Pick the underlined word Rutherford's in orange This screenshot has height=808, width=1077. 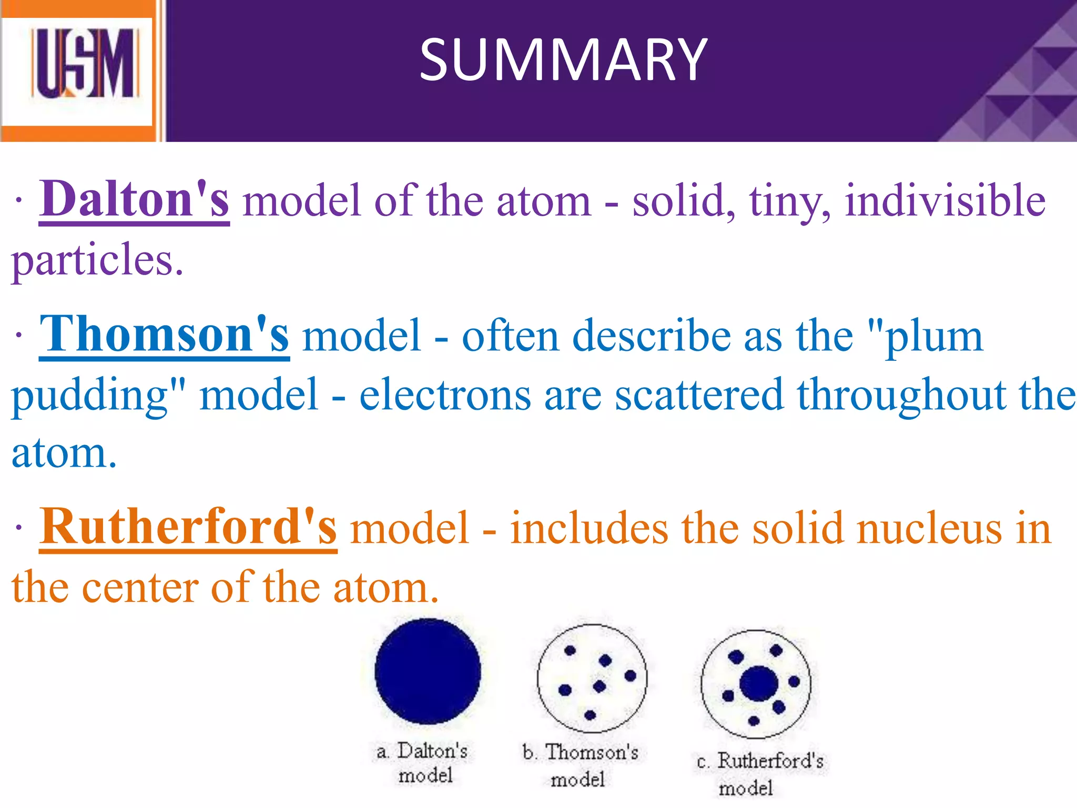pyautogui.click(x=188, y=527)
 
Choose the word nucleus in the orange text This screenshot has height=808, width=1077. pyautogui.click(x=929, y=528)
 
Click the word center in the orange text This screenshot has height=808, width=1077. pyautogui.click(x=140, y=587)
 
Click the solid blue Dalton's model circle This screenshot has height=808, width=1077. pyautogui.click(x=428, y=671)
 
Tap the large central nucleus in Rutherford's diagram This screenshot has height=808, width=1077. pyautogui.click(x=758, y=684)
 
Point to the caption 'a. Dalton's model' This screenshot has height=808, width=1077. pyautogui.click(x=423, y=763)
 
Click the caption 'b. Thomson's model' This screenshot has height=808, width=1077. pyautogui.click(x=580, y=765)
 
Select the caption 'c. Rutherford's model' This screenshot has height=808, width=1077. pyautogui.click(x=759, y=774)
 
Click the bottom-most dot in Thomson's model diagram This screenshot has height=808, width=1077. pyautogui.click(x=590, y=714)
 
